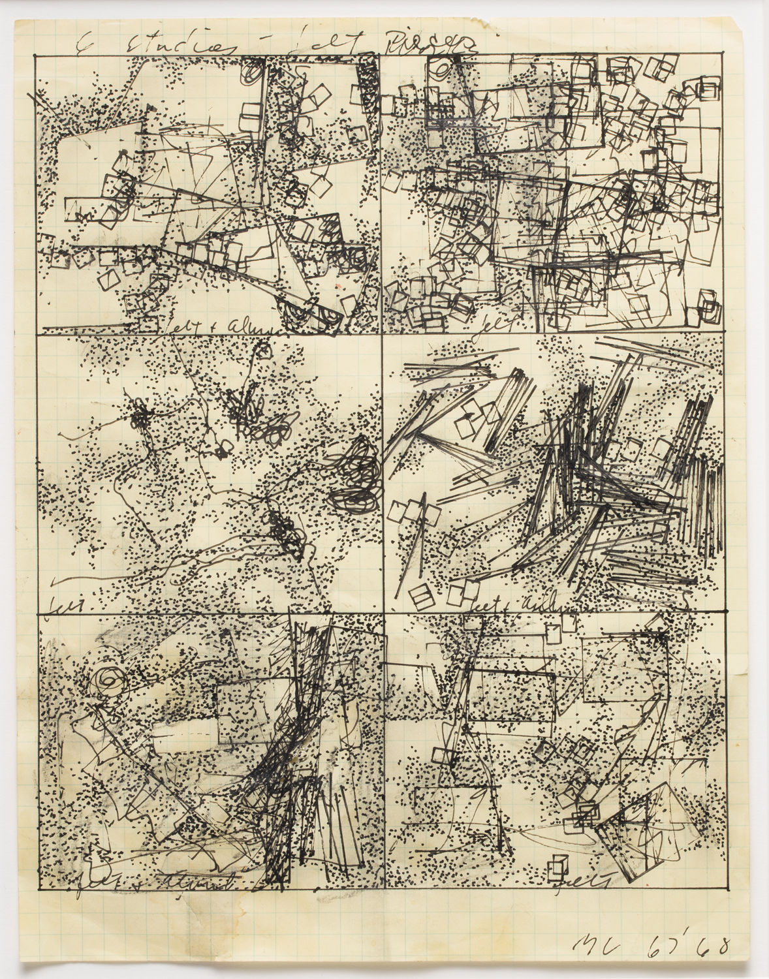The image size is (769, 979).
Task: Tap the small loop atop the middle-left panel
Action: [x=263, y=351]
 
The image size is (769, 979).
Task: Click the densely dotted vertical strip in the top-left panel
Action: [x=369, y=88]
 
